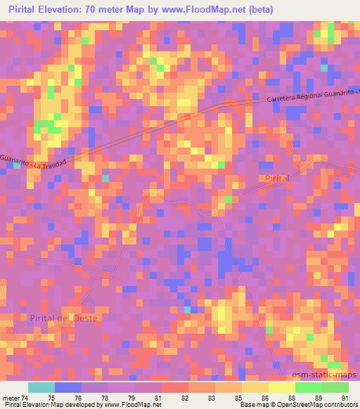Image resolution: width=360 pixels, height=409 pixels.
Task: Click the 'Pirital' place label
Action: click(x=277, y=180)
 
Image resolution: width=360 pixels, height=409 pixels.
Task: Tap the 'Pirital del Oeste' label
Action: click(x=65, y=318)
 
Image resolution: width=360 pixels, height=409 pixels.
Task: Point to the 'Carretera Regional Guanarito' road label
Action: click(x=312, y=96)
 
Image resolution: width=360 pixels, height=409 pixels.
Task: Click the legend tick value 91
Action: click(x=345, y=397)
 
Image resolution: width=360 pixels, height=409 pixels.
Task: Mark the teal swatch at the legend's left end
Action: click(x=41, y=387)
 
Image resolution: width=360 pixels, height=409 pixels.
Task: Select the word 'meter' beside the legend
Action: click(x=10, y=397)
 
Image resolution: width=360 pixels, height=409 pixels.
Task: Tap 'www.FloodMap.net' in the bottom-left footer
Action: click(x=130, y=405)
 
